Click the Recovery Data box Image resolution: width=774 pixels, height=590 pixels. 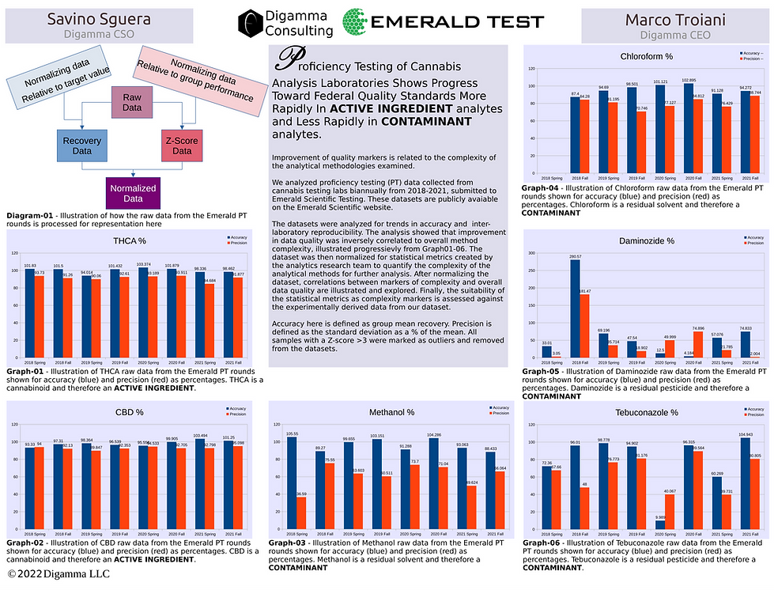(82, 146)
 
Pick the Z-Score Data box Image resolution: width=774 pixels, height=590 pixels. (182, 146)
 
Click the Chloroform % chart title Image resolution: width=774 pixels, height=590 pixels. (647, 55)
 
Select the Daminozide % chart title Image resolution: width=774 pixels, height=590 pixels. (647, 240)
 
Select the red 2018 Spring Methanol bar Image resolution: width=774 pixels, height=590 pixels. (301, 512)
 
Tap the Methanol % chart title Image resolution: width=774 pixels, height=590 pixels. (387, 412)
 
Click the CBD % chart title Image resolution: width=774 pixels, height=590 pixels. (130, 412)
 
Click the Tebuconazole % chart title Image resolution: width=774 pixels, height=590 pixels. (647, 412)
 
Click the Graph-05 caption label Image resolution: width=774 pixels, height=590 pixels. (542, 370)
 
